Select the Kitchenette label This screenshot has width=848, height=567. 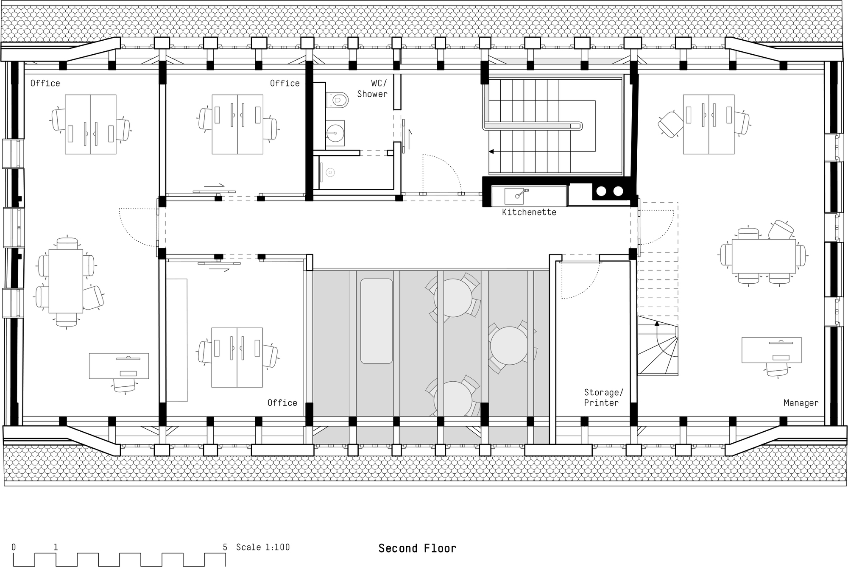pos(529,212)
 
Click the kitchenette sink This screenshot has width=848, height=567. pos(515,196)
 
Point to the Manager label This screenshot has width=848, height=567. pos(801,403)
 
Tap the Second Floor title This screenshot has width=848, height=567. pos(417,548)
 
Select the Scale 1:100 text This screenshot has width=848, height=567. pos(263,547)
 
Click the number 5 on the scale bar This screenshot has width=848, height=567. pos(225,547)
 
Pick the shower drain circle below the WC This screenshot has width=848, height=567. pos(330,173)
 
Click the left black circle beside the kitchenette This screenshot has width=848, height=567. pos(601,191)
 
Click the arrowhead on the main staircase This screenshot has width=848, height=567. pos(491,151)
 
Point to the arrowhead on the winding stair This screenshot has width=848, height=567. pos(657,323)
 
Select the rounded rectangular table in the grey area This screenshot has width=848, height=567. pos(376,321)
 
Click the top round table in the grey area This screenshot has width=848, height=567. pos(453,298)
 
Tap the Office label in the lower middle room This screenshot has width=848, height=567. pos(282,403)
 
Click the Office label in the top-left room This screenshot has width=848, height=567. pos(45,83)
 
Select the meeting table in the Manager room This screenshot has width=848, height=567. pos(763,256)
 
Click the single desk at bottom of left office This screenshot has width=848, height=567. pos(119,366)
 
